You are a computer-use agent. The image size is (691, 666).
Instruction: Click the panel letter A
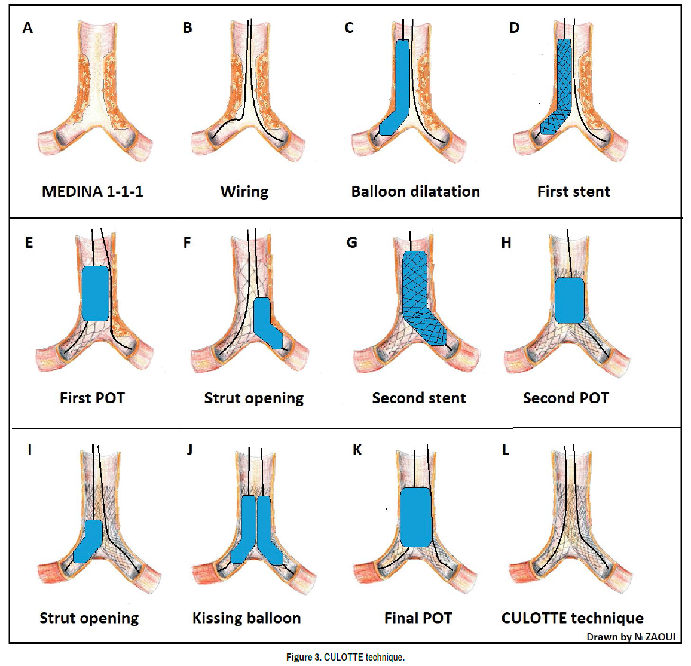coord(27,27)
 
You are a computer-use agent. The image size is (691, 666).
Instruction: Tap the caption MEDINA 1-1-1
coord(93,191)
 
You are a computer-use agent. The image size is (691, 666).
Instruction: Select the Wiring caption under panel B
coord(244,191)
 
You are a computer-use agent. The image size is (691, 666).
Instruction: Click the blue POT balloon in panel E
coord(95,293)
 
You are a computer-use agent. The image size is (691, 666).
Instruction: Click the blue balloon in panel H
coord(569,300)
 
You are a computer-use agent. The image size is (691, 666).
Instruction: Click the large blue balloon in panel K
coord(415,517)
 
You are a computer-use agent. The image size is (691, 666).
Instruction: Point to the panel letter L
coord(506,450)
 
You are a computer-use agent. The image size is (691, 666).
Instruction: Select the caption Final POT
coord(418,618)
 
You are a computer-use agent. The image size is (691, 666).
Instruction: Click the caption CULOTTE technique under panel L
coord(572,618)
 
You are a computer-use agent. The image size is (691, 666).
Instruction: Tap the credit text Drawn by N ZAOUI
coord(631,637)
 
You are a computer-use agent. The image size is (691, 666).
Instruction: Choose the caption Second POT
coord(565,398)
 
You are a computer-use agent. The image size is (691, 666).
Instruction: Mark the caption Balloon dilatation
coord(415,191)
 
